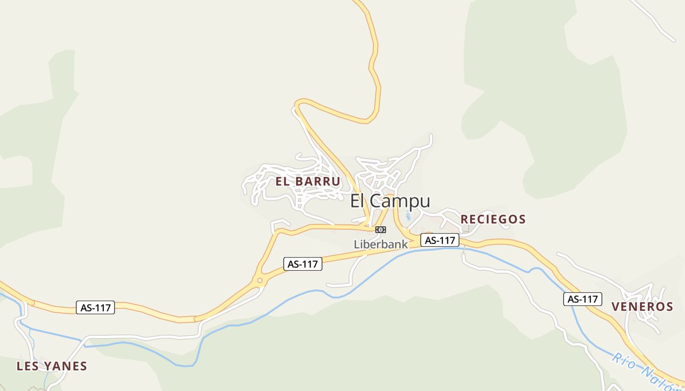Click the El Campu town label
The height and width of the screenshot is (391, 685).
(390, 201)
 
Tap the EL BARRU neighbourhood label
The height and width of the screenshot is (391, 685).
(307, 181)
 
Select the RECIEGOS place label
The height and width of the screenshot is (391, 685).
(493, 219)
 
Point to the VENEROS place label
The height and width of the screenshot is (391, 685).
(642, 306)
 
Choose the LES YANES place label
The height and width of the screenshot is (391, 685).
(52, 366)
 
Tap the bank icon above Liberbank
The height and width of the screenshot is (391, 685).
(380, 230)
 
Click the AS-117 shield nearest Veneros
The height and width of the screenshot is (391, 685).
(582, 299)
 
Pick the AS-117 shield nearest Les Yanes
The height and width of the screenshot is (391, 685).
(96, 307)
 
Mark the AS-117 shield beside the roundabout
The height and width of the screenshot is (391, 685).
(303, 264)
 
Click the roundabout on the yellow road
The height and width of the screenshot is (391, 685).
(259, 281)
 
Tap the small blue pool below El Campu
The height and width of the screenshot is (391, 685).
(408, 216)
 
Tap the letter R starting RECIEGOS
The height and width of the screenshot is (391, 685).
(464, 219)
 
